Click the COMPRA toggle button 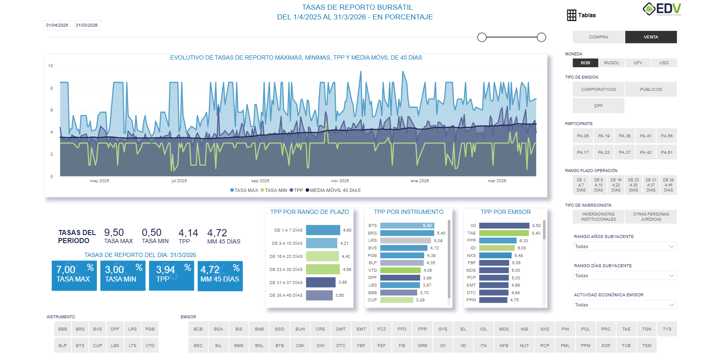598,37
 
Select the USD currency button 664,63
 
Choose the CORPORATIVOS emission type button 598,90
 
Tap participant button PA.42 645,153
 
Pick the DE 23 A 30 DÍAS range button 633,185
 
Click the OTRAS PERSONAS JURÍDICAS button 650,217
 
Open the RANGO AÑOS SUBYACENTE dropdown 624,246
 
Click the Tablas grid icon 571,15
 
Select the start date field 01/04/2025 57,25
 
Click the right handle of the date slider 541,37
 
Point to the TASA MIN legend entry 274,190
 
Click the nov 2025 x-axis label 340,181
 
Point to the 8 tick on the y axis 52,88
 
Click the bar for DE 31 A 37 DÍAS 321,282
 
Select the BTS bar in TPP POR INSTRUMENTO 407,226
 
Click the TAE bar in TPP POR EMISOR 504,233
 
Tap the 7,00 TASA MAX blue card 74,276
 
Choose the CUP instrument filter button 97,345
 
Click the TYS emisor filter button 667,329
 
